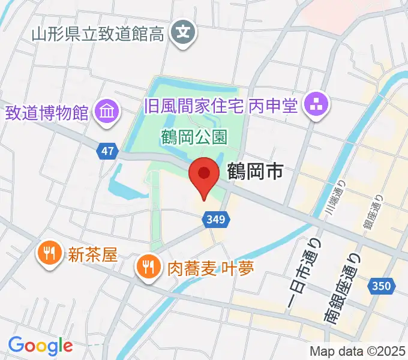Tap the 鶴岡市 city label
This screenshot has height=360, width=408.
point(255,173)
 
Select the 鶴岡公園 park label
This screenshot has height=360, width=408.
point(194,137)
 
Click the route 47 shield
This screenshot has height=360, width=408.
point(107,152)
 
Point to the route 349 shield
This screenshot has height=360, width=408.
point(215,219)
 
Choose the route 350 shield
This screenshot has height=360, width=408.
point(383,286)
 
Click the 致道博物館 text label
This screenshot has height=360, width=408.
point(47,112)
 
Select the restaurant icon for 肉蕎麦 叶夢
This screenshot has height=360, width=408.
point(148,266)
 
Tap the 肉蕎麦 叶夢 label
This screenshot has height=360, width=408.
point(202,266)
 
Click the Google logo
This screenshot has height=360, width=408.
point(40,345)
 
